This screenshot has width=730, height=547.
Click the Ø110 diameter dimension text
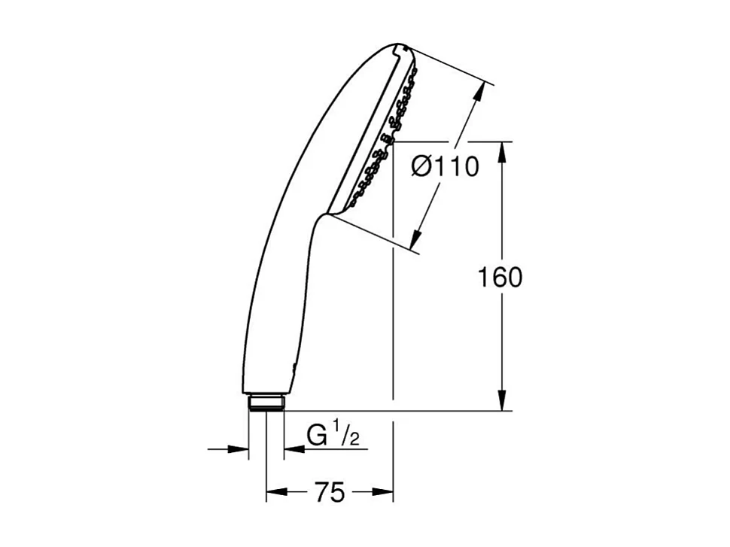coord(445,167)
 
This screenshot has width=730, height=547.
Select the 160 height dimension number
coord(500,278)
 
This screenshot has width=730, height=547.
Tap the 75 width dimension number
coord(330,493)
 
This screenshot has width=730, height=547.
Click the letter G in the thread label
coord(318,436)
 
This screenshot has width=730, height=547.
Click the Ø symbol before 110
coord(422,167)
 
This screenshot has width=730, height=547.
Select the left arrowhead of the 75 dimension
coord(275,493)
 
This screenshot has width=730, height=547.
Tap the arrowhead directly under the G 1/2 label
coord(294,449)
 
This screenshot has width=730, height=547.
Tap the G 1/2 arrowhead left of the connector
coord(239,449)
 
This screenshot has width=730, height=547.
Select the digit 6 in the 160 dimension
coord(500,278)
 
